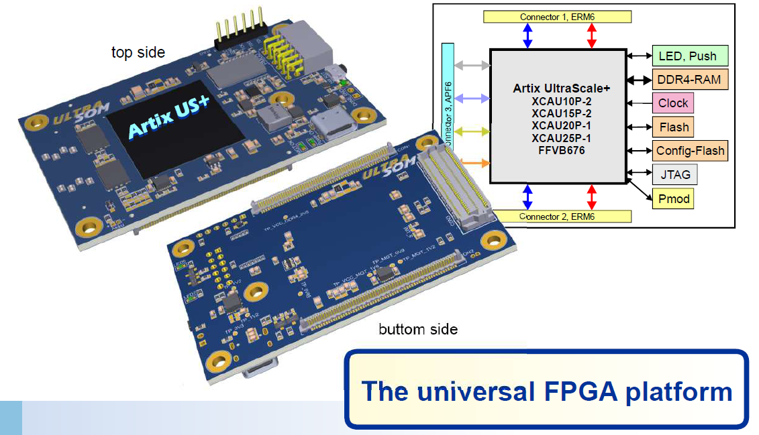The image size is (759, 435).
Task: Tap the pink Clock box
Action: [x=672, y=103]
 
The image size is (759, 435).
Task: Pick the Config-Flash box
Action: [x=690, y=151]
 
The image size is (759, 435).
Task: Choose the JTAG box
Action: [x=674, y=175]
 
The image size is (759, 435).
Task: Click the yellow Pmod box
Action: [x=673, y=199]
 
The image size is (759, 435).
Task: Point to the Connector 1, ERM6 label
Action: [x=557, y=16]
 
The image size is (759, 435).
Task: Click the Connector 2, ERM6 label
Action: [x=557, y=216]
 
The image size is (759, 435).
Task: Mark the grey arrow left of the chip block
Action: [x=472, y=66]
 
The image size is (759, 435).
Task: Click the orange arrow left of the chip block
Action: [x=472, y=163]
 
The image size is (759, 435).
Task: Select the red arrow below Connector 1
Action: [x=591, y=36]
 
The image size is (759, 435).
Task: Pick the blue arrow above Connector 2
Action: [x=527, y=196]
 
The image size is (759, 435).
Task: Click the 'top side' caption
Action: [x=138, y=52]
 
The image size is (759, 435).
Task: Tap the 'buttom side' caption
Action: [x=418, y=329]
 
